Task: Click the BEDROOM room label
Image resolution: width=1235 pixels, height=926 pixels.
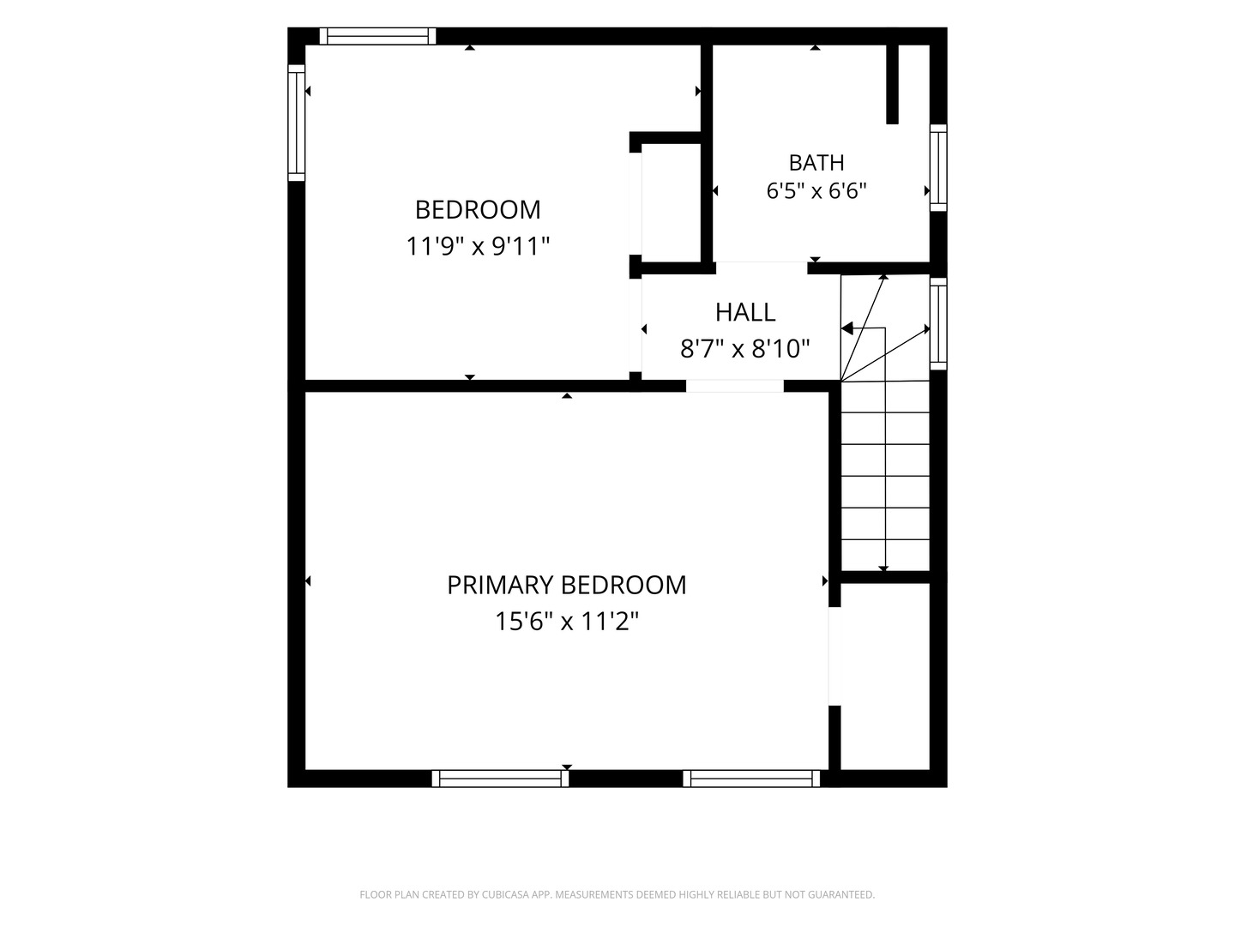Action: [x=478, y=210]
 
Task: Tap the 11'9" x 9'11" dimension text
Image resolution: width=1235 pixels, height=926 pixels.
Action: [x=478, y=246]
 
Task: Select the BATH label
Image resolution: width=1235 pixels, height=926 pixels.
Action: [x=816, y=163]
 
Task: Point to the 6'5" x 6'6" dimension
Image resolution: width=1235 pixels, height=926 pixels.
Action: [x=816, y=191]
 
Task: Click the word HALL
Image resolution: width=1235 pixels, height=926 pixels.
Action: [x=745, y=313]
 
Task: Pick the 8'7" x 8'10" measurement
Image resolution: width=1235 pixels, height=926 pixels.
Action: [x=745, y=349]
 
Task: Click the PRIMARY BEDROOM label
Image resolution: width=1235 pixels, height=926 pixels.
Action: [x=567, y=586]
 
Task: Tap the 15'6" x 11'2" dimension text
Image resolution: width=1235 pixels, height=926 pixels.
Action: [x=567, y=622]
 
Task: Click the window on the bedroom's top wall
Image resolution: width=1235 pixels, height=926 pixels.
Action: [x=377, y=36]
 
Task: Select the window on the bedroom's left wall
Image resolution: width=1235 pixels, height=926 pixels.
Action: [x=297, y=123]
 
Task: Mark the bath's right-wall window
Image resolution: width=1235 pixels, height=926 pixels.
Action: [x=938, y=167]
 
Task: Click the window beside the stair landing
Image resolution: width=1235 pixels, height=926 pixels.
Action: [x=938, y=324]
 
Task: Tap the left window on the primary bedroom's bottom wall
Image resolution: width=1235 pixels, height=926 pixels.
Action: [x=500, y=779]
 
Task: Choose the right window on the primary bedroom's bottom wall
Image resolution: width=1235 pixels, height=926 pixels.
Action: [x=751, y=779]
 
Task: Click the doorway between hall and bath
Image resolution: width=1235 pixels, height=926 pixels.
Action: [x=762, y=268]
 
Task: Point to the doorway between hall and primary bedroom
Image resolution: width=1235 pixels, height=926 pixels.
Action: [x=734, y=386]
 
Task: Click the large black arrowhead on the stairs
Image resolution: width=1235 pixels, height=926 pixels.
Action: [x=846, y=328]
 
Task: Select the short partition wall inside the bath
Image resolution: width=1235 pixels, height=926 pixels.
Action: [x=892, y=84]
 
